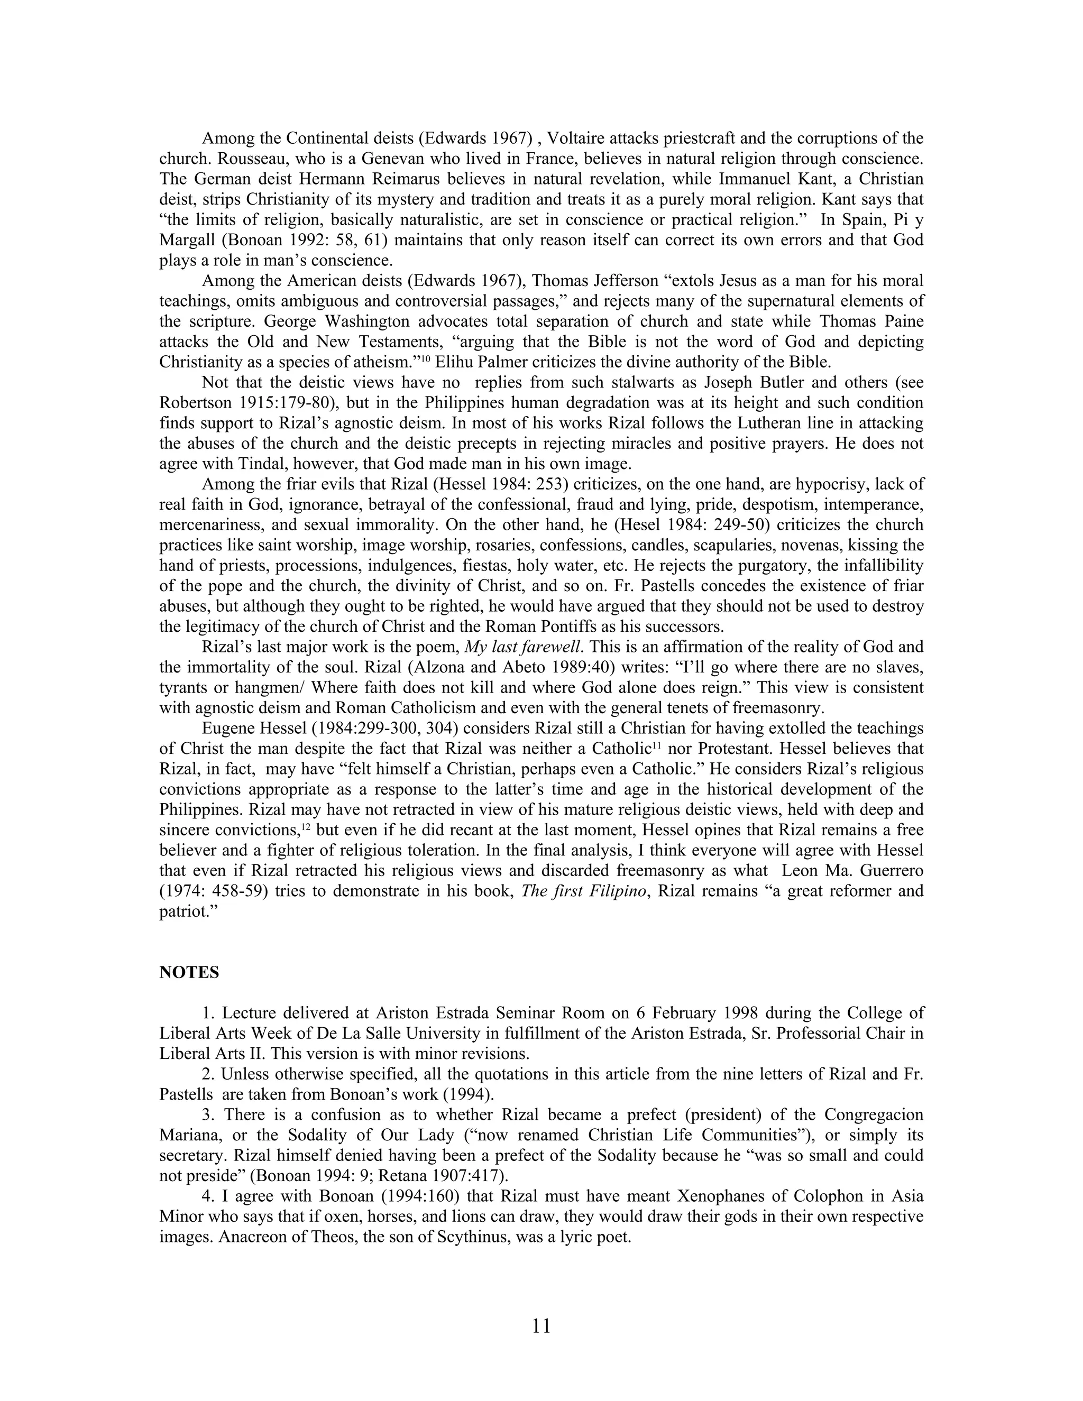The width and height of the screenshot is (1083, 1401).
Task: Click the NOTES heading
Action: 189,972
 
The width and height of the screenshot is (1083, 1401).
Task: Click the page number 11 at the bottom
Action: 541,1325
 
